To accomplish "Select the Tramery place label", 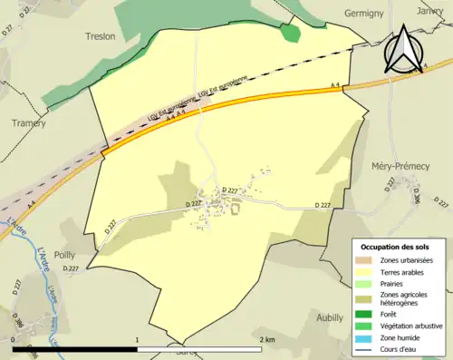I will click(x=28, y=122).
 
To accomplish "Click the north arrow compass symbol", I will click(x=405, y=50).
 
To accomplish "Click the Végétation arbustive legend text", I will click(x=412, y=327).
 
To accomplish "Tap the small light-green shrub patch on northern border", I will click(x=290, y=33).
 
